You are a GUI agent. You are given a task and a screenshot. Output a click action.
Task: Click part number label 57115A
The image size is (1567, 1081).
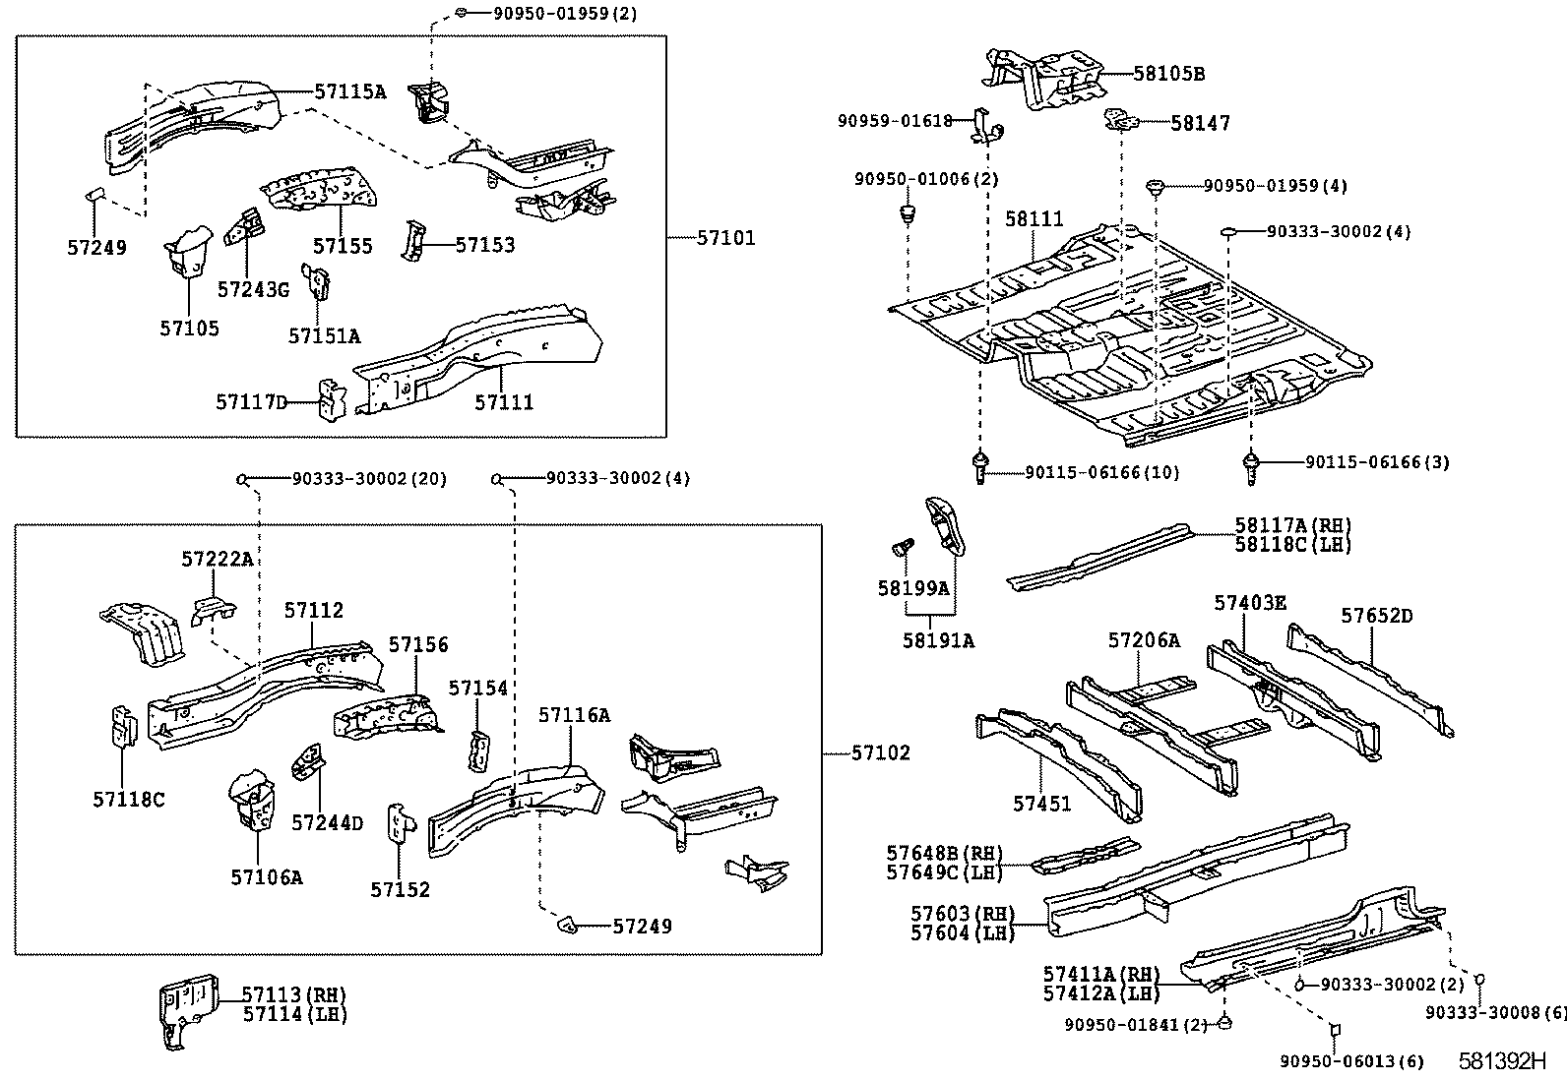[x=349, y=91]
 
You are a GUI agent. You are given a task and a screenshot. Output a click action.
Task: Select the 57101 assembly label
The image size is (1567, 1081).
[x=726, y=238]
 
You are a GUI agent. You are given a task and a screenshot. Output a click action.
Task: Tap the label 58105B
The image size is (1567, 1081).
[x=1169, y=74]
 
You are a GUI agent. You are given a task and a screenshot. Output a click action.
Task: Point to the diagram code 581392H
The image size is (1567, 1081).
[x=1502, y=1060]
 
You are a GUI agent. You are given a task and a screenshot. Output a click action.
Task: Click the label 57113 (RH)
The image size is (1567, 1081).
[x=293, y=994]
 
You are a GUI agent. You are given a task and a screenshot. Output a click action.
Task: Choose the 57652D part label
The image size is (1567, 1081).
[x=1377, y=616]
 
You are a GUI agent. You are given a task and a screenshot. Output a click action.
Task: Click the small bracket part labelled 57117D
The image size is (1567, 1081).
[x=333, y=400]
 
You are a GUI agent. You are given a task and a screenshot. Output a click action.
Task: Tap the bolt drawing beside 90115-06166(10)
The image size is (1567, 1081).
[x=980, y=467]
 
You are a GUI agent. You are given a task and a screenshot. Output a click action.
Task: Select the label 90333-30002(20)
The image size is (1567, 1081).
[x=369, y=479]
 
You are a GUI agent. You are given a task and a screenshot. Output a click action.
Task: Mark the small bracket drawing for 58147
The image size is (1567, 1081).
[x=1122, y=120]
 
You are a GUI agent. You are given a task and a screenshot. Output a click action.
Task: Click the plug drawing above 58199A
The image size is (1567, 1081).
[x=905, y=546]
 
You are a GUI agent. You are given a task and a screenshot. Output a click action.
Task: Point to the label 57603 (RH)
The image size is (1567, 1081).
[x=963, y=913]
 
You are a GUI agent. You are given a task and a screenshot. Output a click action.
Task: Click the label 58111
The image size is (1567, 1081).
[x=1034, y=219]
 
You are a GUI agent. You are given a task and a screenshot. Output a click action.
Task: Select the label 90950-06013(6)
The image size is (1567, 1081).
[x=1351, y=1061]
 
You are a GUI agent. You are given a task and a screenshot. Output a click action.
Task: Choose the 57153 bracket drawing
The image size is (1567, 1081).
[x=413, y=240]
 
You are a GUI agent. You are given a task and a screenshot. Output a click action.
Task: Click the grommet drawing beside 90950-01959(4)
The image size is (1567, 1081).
[x=1155, y=187]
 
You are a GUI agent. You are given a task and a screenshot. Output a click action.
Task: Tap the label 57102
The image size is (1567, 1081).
[x=881, y=753]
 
